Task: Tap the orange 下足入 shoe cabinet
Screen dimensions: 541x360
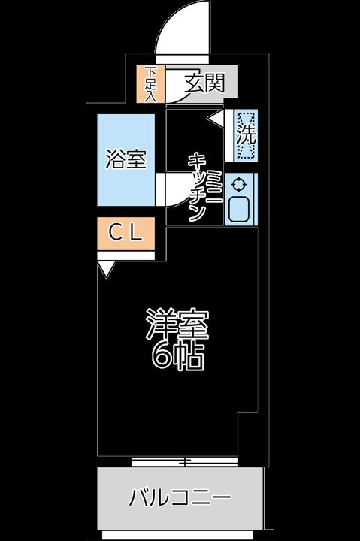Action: tap(151, 84)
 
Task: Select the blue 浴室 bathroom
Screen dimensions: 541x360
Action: tap(126, 159)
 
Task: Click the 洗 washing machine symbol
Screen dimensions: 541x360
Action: tap(246, 136)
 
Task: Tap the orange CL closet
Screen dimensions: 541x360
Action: tap(126, 234)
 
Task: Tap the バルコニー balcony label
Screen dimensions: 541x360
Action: tap(180, 498)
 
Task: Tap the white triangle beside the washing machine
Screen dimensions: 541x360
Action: tap(216, 119)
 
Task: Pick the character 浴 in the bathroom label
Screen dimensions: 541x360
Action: tap(115, 159)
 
